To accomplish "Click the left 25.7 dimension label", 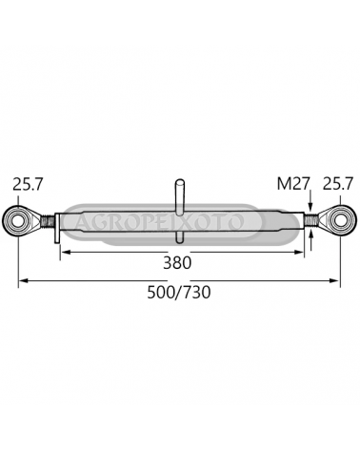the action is pyautogui.click(x=28, y=185).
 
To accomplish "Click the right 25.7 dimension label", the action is pyautogui.click(x=338, y=184).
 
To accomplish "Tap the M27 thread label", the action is pyautogui.click(x=293, y=184).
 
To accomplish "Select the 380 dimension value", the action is pyautogui.click(x=177, y=263).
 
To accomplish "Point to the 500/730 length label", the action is pyautogui.click(x=179, y=293).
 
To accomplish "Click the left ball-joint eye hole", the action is pyautogui.click(x=18, y=219).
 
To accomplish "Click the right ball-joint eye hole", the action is pyautogui.click(x=339, y=219).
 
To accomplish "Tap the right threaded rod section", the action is pyautogui.click(x=311, y=220).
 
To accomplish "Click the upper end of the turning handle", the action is pyautogui.click(x=180, y=181).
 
